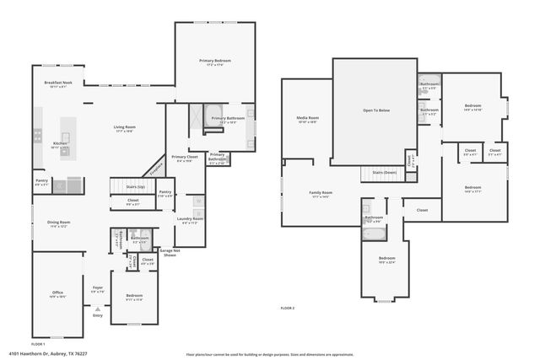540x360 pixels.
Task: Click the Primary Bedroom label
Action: pyautogui.click(x=214, y=62)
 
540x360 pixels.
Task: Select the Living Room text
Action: pyautogui.click(x=125, y=127)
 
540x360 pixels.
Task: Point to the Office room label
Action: pyautogui.click(x=58, y=293)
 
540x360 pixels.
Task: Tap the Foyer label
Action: pyautogui.click(x=98, y=287)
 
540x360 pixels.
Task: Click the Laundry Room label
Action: pyautogui.click(x=191, y=219)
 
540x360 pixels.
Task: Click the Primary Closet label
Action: pyautogui.click(x=184, y=157)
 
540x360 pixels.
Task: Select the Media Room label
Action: pyautogui.click(x=307, y=118)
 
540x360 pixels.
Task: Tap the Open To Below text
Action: pyautogui.click(x=375, y=110)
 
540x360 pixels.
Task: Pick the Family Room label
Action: pyautogui.click(x=321, y=192)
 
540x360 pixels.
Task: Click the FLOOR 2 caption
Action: pyautogui.click(x=289, y=309)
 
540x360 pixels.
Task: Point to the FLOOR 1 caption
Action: pyautogui.click(x=38, y=344)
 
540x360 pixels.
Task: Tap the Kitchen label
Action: pyautogui.click(x=61, y=143)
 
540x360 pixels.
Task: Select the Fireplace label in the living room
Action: pyautogui.click(x=154, y=167)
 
